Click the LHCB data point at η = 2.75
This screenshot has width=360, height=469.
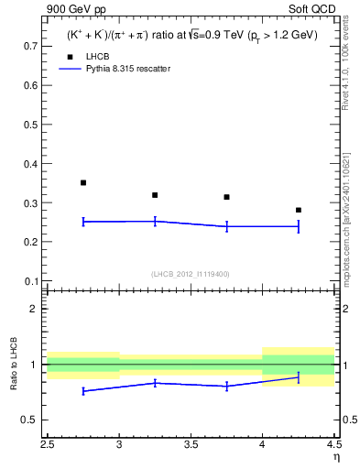(x=83, y=183)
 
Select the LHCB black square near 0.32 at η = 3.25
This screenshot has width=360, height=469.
(x=155, y=195)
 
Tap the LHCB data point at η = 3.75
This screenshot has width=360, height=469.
(x=226, y=197)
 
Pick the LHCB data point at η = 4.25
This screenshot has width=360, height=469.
(x=298, y=211)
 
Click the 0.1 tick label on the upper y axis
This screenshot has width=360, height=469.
(x=30, y=281)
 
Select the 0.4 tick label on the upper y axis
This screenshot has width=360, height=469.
(x=30, y=163)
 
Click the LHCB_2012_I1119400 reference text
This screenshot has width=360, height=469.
(x=191, y=274)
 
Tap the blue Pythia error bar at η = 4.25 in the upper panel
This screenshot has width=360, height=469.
(x=298, y=226)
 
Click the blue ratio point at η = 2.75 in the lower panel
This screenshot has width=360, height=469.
(x=83, y=391)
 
